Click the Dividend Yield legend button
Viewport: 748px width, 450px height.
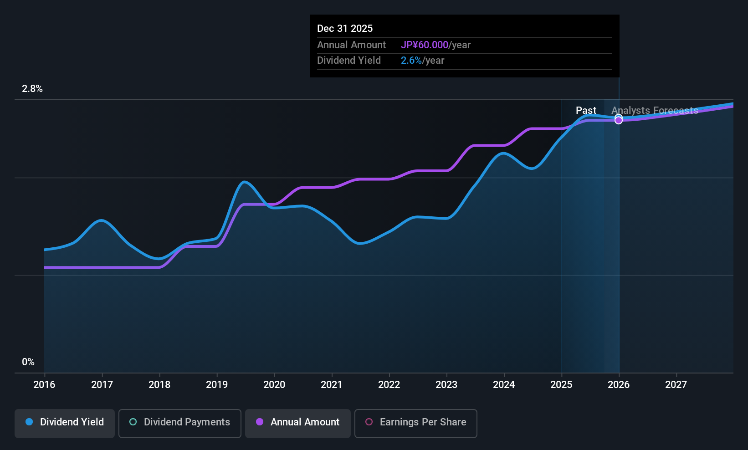pos(64,423)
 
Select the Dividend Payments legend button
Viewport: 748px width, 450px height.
pos(179,423)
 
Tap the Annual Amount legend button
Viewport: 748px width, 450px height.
pos(298,423)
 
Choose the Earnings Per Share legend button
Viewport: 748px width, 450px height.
pos(416,423)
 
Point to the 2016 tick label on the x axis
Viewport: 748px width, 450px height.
pos(44,384)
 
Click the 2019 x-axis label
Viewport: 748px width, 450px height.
pos(217,384)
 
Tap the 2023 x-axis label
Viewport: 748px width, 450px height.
pos(446,384)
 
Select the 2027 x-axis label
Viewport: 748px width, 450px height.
pos(676,384)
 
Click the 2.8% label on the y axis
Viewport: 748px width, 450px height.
pos(32,89)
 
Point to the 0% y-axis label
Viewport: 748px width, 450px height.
pos(28,362)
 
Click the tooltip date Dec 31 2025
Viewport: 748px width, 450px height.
pos(344,28)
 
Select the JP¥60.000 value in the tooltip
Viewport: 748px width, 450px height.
pos(425,45)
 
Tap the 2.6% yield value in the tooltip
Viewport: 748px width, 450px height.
pos(411,61)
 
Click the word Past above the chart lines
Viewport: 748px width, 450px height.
pos(586,110)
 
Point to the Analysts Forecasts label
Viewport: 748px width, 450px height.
pos(655,110)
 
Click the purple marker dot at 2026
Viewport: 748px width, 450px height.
pos(619,120)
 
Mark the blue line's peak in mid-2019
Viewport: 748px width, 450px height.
pos(245,182)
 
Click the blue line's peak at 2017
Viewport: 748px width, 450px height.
pos(102,220)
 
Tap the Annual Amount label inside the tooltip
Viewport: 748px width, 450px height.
pos(351,45)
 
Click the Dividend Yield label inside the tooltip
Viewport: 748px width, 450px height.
pos(348,61)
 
